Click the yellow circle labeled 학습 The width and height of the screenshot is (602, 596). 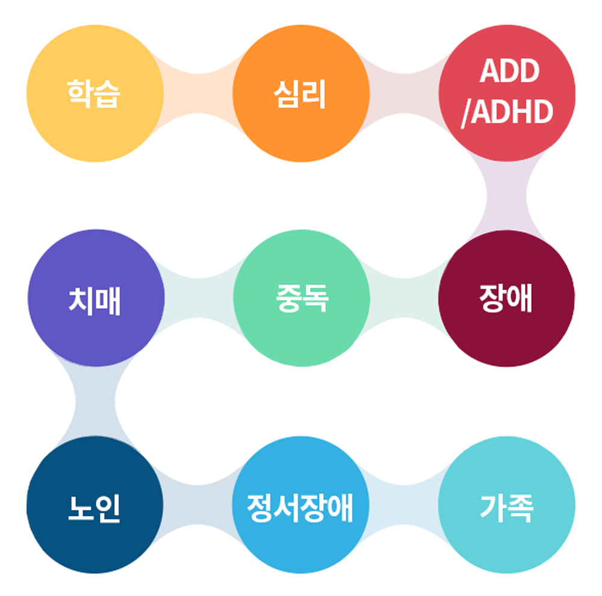click(96, 94)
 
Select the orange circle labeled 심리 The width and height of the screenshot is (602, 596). click(301, 94)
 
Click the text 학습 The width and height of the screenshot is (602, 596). click(94, 94)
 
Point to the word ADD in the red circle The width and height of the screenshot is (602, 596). click(509, 72)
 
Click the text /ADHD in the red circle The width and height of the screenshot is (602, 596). click(507, 112)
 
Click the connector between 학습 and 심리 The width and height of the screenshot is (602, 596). click(199, 94)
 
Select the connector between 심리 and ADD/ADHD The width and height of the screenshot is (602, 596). click(404, 94)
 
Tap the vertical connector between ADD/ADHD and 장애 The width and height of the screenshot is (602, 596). click(507, 196)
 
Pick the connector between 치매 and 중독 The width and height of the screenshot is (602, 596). click(199, 299)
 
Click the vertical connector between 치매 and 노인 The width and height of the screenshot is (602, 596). click(96, 401)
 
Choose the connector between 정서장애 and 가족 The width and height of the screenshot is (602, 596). click(404, 504)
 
